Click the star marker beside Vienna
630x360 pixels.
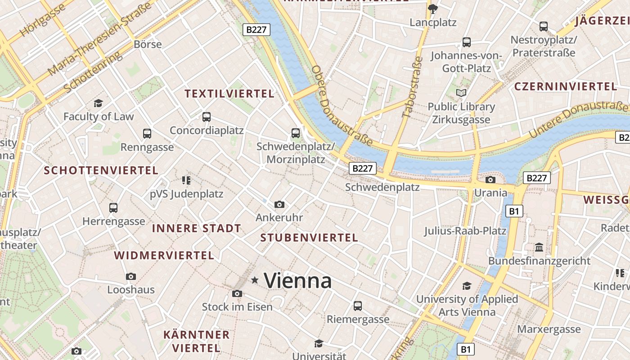(255, 280)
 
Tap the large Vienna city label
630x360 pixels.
(298, 281)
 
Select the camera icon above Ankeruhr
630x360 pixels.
(279, 205)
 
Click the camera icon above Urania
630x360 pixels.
(490, 180)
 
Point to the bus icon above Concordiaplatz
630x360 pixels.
(207, 117)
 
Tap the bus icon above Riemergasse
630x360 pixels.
(358, 306)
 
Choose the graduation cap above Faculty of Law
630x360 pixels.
(98, 103)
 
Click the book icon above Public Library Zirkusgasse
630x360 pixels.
(461, 93)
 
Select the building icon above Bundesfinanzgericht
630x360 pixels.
(539, 247)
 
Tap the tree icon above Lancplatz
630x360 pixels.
(433, 9)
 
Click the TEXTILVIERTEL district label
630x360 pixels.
(229, 94)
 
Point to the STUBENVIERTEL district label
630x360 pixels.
(309, 238)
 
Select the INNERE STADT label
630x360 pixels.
(197, 228)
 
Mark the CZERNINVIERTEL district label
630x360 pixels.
(565, 86)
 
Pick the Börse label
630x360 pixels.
(148, 44)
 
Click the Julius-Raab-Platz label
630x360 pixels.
(465, 231)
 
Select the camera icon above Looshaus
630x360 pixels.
(131, 276)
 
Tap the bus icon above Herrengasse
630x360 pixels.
(113, 208)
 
